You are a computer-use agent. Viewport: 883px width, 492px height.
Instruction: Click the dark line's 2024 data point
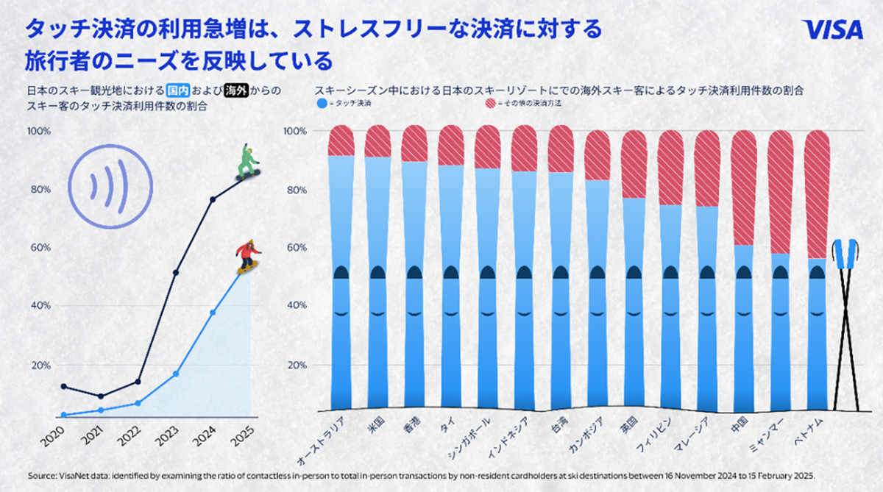(x=213, y=199)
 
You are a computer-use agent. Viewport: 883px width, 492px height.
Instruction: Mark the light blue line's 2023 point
(x=176, y=374)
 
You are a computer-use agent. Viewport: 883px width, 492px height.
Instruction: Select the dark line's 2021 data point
(x=101, y=396)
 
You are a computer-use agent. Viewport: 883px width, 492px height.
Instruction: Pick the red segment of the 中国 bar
(x=744, y=188)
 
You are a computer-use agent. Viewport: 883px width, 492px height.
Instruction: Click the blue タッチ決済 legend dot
(x=320, y=104)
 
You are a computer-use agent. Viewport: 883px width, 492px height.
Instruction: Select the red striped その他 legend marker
(x=492, y=104)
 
